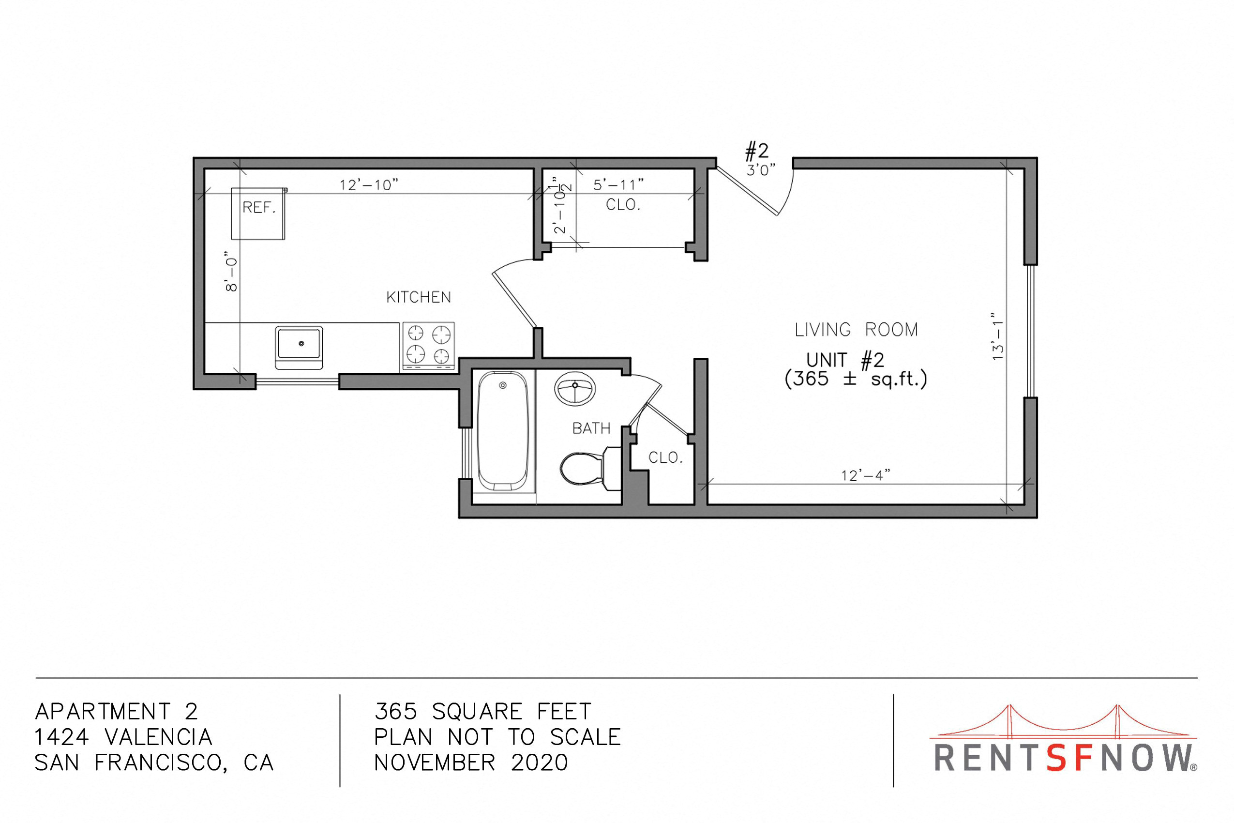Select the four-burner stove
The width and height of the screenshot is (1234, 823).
428,345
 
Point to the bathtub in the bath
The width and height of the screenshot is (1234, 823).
503,430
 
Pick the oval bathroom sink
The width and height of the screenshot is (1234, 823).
575,388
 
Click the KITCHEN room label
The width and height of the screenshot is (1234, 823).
419,298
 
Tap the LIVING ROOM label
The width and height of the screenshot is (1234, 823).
856,330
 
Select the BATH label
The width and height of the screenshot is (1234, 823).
591,429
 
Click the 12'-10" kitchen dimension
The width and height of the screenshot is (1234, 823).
369,185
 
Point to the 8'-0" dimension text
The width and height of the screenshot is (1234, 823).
231,274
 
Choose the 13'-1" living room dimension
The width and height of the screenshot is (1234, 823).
997,336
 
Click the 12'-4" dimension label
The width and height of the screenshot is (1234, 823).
866,475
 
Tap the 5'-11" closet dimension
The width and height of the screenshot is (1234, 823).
618,185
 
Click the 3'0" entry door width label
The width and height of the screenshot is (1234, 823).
761,169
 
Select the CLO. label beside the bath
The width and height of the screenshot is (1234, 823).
666,457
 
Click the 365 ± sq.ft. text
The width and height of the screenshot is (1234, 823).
856,379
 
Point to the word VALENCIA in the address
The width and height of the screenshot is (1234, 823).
158,737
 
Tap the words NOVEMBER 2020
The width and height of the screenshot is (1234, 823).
471,762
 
